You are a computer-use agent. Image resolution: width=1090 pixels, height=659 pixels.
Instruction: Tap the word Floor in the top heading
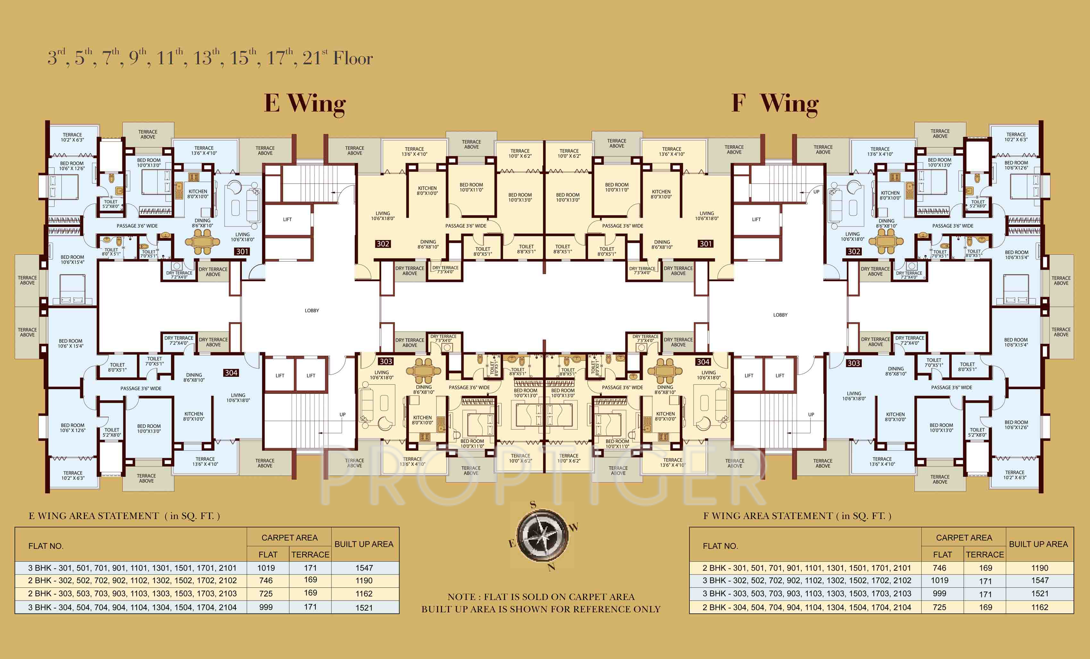click(353, 58)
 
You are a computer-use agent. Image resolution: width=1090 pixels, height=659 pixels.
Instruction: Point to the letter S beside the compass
click(533, 505)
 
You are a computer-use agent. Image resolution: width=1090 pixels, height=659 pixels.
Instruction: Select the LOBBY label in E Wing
click(312, 311)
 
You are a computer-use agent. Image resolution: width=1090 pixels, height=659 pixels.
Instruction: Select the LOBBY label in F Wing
click(780, 315)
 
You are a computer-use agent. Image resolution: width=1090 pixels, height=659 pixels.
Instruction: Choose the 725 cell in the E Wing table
click(266, 594)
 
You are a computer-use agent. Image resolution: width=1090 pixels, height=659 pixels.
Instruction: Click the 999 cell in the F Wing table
click(940, 594)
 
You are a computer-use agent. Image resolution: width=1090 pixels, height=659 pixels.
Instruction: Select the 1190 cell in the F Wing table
click(1040, 568)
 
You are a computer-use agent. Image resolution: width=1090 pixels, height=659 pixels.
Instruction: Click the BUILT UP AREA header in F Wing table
click(1038, 544)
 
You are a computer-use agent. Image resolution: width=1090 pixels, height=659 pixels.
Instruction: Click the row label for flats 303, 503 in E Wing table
click(132, 594)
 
